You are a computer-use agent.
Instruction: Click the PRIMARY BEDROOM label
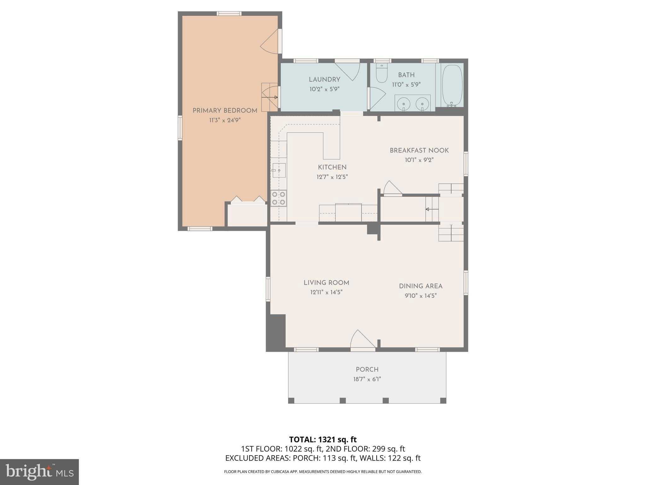click(x=225, y=111)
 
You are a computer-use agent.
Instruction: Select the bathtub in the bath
click(x=452, y=85)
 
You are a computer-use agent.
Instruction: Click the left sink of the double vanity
click(x=403, y=103)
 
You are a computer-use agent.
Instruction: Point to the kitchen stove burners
click(x=279, y=198)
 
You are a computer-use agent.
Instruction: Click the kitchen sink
click(x=279, y=171)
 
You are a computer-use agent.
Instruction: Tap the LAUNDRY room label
click(x=324, y=80)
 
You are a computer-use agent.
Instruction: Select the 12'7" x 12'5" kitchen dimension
click(x=332, y=177)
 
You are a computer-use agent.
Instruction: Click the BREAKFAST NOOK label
click(x=419, y=150)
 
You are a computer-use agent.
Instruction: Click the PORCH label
click(x=367, y=369)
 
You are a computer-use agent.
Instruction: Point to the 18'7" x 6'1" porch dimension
click(x=367, y=379)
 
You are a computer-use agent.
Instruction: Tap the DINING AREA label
click(x=420, y=286)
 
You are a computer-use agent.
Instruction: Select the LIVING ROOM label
click(x=326, y=283)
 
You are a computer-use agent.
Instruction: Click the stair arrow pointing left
click(x=432, y=209)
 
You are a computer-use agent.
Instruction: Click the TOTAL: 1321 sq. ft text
click(x=323, y=439)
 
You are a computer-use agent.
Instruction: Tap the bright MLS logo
click(x=39, y=472)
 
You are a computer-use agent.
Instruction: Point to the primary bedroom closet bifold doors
click(x=248, y=200)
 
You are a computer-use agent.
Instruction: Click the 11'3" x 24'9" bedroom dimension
click(x=225, y=120)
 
